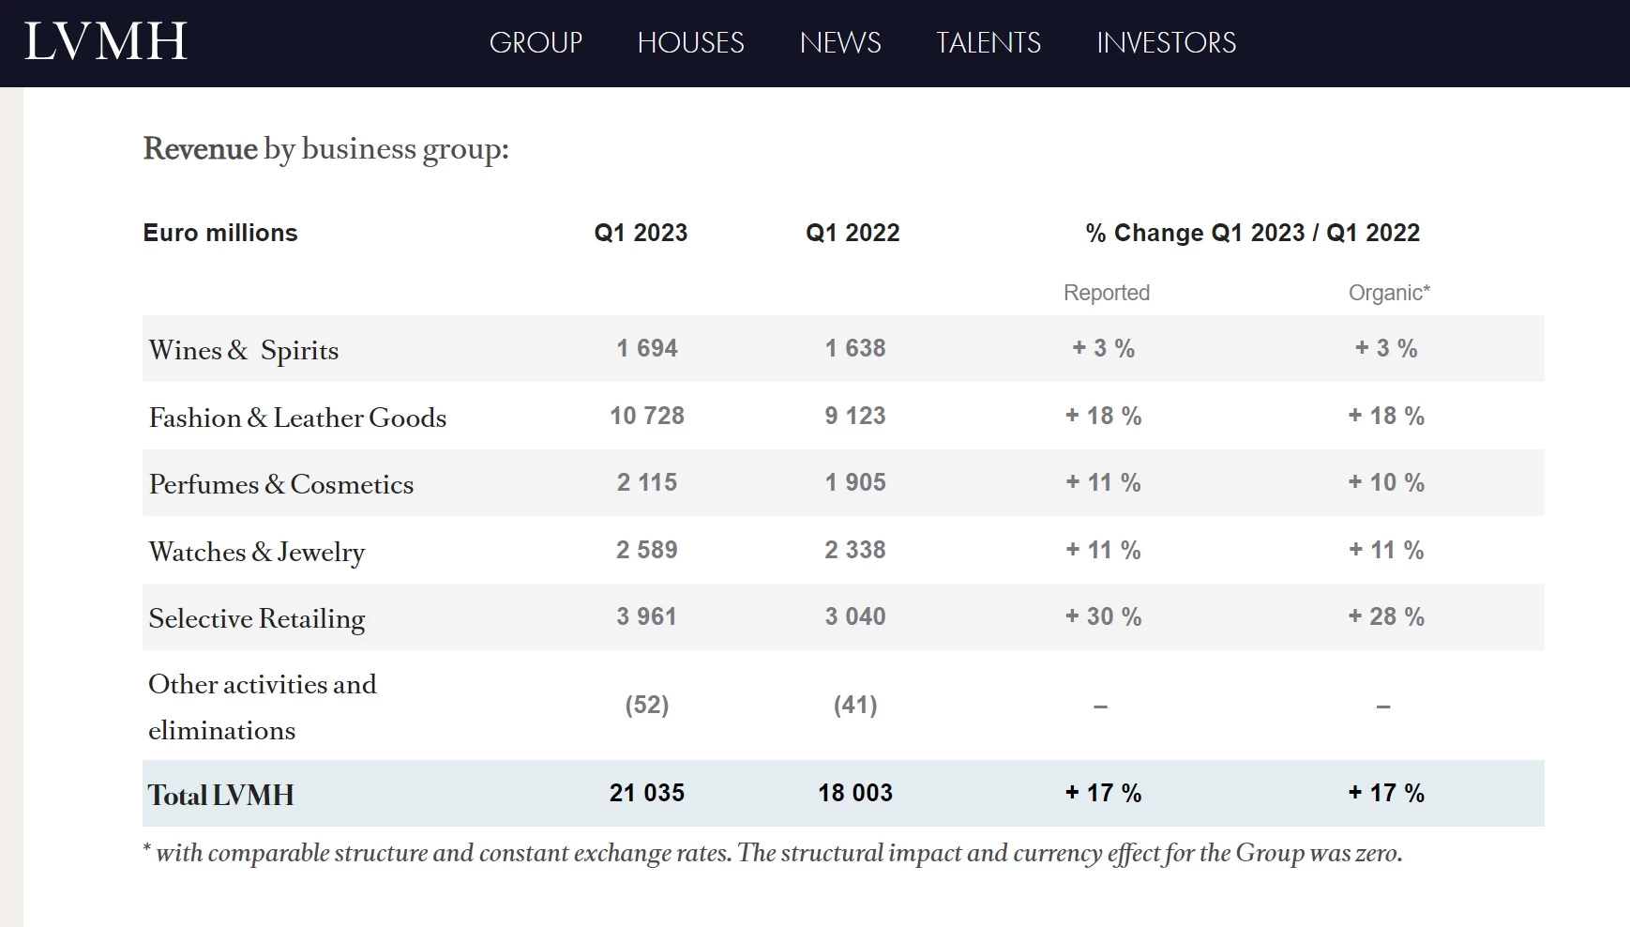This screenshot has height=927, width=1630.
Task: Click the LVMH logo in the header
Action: click(x=105, y=42)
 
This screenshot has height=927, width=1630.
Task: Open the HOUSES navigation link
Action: click(x=690, y=43)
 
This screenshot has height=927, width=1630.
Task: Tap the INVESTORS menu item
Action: click(x=1166, y=43)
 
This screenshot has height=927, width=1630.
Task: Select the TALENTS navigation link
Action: click(x=989, y=43)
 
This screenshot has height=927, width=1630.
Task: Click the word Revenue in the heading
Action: click(x=200, y=149)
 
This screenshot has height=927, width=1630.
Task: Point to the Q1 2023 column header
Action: click(x=641, y=233)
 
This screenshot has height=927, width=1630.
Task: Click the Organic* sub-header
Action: click(x=1388, y=293)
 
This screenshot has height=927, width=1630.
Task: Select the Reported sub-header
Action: click(x=1106, y=293)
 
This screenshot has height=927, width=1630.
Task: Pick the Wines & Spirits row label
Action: click(x=244, y=350)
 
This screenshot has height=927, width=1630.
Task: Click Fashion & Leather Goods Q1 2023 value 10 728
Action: click(x=647, y=416)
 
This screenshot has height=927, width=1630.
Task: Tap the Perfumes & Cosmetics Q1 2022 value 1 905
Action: click(x=854, y=482)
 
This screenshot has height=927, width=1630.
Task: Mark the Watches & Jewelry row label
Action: click(x=256, y=552)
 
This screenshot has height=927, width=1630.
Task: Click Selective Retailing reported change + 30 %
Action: click(x=1103, y=616)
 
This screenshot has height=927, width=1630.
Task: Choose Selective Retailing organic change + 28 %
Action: click(x=1386, y=616)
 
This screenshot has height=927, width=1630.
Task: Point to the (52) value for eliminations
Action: click(x=647, y=705)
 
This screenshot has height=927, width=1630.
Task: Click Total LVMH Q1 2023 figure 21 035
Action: click(x=647, y=793)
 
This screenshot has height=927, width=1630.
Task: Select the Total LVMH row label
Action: click(x=221, y=795)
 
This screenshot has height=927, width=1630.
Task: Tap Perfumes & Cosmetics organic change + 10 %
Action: click(x=1386, y=482)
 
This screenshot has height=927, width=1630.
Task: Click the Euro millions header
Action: click(x=220, y=233)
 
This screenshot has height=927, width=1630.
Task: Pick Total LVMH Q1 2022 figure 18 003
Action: click(x=854, y=793)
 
